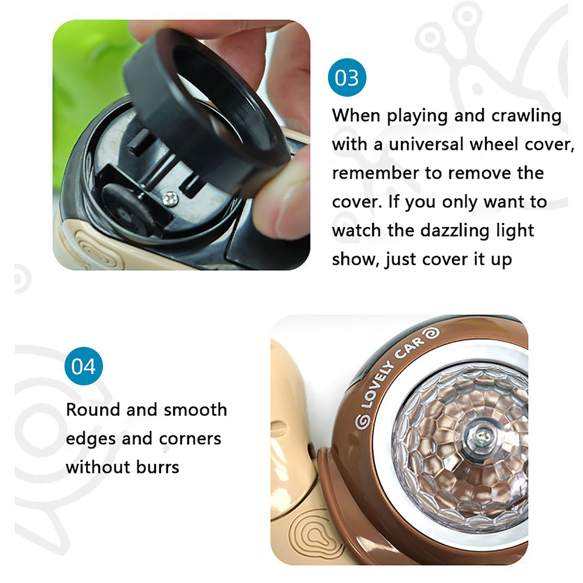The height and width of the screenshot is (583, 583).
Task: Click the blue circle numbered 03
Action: [x=347, y=77]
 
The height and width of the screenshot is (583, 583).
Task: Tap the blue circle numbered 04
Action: [x=83, y=366]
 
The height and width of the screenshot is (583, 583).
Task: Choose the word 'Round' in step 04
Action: [x=93, y=410]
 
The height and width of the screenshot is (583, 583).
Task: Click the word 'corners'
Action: [x=190, y=439]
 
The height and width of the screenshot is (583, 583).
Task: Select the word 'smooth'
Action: [x=195, y=410]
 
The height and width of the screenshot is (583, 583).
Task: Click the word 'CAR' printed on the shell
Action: [x=410, y=348]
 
